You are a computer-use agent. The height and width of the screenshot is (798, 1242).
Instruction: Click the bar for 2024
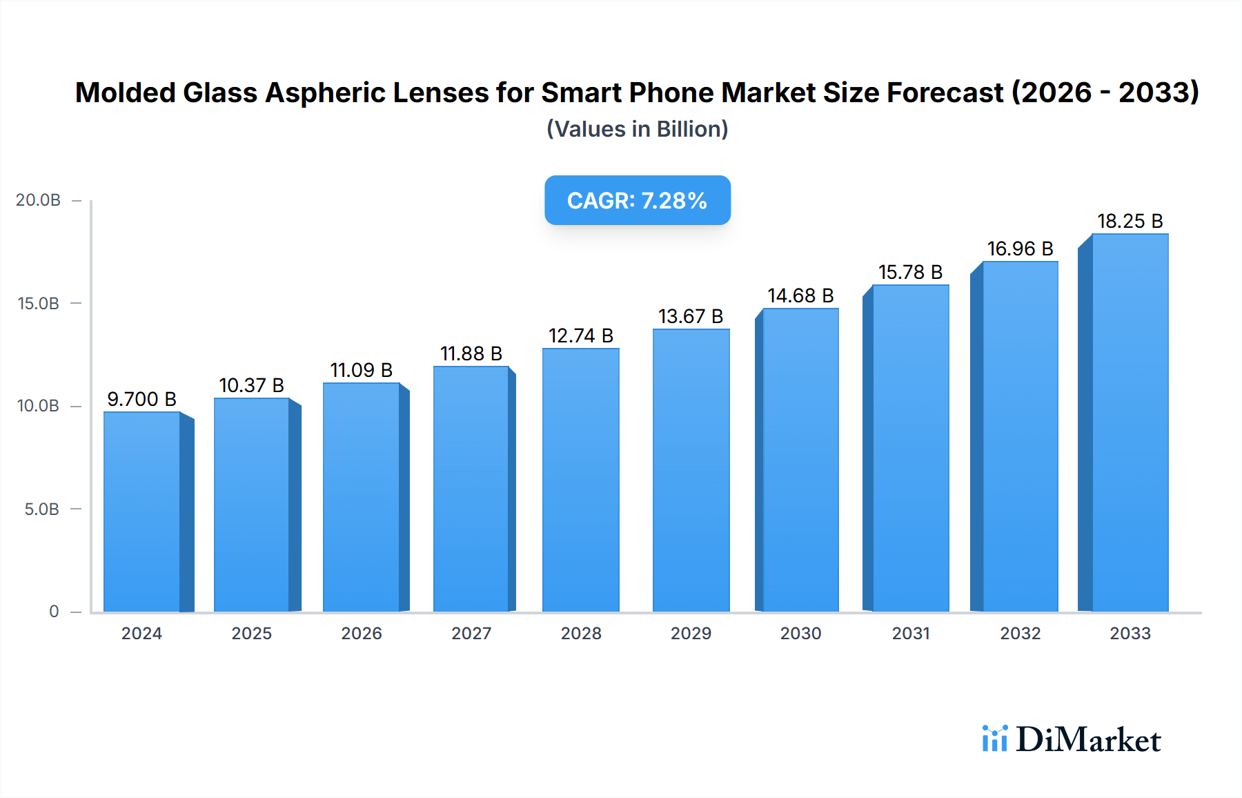click(x=142, y=512)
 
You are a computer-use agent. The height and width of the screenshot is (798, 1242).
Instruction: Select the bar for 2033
click(x=1130, y=422)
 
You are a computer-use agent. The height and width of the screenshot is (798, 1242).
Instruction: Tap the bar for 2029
click(x=691, y=470)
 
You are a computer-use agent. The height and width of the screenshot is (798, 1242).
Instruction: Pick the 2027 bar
click(x=471, y=489)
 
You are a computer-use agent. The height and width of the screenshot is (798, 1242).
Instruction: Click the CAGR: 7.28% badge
click(x=637, y=200)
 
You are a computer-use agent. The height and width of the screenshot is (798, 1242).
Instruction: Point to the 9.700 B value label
click(x=141, y=399)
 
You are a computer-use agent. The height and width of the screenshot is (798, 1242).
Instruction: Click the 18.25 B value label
click(x=1130, y=221)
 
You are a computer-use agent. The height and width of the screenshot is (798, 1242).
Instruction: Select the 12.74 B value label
click(x=580, y=335)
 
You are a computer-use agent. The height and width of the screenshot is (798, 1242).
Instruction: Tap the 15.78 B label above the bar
click(x=910, y=272)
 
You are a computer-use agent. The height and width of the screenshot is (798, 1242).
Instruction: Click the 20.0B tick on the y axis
click(x=39, y=200)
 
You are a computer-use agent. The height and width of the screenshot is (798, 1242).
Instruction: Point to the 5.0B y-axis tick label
click(x=41, y=509)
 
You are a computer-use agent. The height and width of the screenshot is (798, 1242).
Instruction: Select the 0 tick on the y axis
click(x=54, y=612)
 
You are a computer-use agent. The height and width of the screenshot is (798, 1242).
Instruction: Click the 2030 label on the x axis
click(x=800, y=633)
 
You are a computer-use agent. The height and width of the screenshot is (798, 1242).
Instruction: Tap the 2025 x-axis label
click(x=251, y=633)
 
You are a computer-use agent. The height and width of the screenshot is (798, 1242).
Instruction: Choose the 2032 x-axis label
click(x=1020, y=633)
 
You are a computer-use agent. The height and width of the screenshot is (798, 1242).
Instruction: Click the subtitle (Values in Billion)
click(x=637, y=129)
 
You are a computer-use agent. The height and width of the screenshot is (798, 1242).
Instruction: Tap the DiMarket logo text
click(x=1088, y=740)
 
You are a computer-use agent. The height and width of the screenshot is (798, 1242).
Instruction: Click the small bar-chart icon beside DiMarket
click(x=994, y=739)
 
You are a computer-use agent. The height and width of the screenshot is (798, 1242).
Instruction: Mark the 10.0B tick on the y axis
click(x=39, y=406)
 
